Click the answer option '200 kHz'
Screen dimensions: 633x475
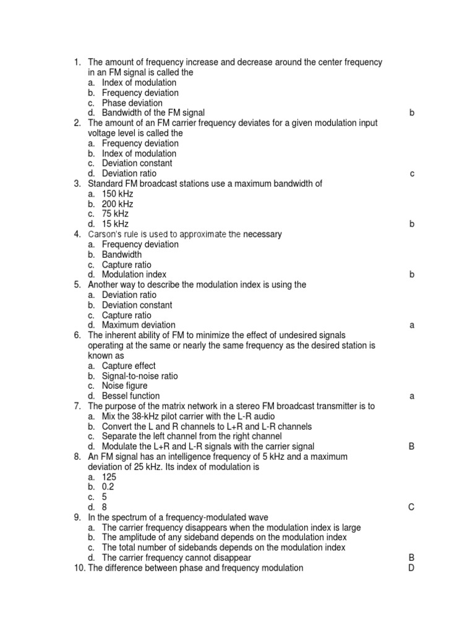[x=117, y=204]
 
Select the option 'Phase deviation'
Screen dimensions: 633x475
[x=132, y=103]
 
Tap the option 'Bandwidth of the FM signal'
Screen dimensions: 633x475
[x=153, y=113]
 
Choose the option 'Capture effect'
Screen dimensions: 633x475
[x=129, y=366]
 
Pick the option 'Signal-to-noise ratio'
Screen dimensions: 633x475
[x=139, y=376]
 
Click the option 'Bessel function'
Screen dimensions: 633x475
[x=131, y=396]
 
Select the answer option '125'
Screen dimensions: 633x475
[x=109, y=477]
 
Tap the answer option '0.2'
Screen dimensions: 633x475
[x=108, y=487]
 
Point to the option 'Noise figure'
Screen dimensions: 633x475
[x=124, y=386]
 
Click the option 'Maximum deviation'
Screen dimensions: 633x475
[x=138, y=325]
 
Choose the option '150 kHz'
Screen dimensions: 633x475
[x=117, y=194]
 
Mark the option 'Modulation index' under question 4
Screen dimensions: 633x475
[x=134, y=274]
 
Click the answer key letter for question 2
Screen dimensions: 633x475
[x=412, y=174]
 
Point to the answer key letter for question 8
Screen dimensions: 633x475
[x=411, y=508]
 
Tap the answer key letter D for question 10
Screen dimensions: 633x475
[x=411, y=568]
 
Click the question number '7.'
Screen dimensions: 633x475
[x=77, y=406]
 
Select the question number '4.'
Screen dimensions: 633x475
[x=77, y=234]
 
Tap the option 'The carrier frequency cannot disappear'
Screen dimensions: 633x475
[x=176, y=558]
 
